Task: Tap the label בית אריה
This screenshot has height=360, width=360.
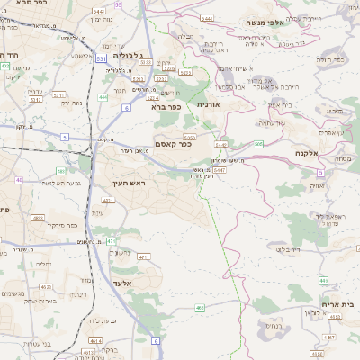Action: tap(337, 305)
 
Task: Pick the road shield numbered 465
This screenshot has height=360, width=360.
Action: tap(199, 308)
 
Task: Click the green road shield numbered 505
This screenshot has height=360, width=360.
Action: tap(259, 143)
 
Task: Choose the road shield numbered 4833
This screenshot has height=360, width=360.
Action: tap(38, 218)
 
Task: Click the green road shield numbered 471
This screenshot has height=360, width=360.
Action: tap(111, 241)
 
